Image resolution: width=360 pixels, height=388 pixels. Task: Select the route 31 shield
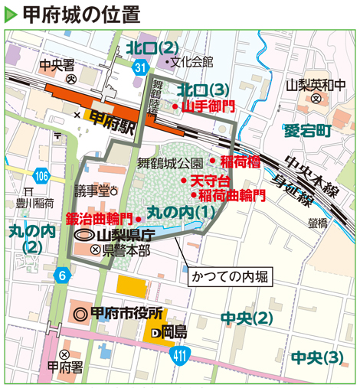pyautogui.click(x=139, y=68)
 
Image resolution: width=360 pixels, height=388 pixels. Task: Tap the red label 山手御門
pyautogui.click(x=208, y=106)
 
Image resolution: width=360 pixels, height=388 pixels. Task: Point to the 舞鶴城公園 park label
pyautogui.click(x=170, y=163)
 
